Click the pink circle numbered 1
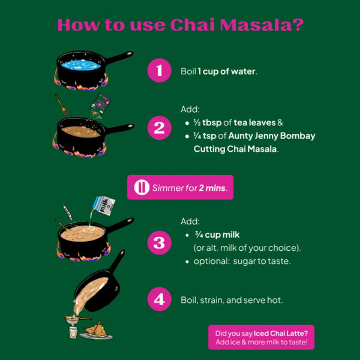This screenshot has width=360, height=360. pyautogui.click(x=159, y=70)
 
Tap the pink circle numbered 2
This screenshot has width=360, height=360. pyautogui.click(x=159, y=128)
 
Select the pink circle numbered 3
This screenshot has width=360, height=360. pyautogui.click(x=159, y=242)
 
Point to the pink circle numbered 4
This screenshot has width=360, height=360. pyautogui.click(x=159, y=299)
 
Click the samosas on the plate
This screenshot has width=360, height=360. pyautogui.click(x=96, y=329)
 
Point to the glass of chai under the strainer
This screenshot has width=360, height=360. pyautogui.click(x=73, y=332)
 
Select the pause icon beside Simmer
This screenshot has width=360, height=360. pyautogui.click(x=142, y=187)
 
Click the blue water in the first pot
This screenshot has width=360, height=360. pyautogui.click(x=81, y=65)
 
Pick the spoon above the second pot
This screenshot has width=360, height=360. pyautogui.click(x=61, y=104)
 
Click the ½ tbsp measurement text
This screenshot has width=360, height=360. pyautogui.click(x=208, y=122)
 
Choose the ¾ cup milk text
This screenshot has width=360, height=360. pyautogui.click(x=217, y=235)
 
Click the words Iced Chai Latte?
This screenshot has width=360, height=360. pyautogui.click(x=281, y=334)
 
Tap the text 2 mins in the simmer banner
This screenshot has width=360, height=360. pyautogui.click(x=212, y=188)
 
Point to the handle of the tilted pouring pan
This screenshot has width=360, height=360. pyautogui.click(x=118, y=260)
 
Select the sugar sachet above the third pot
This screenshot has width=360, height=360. pyautogui.click(x=67, y=212)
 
